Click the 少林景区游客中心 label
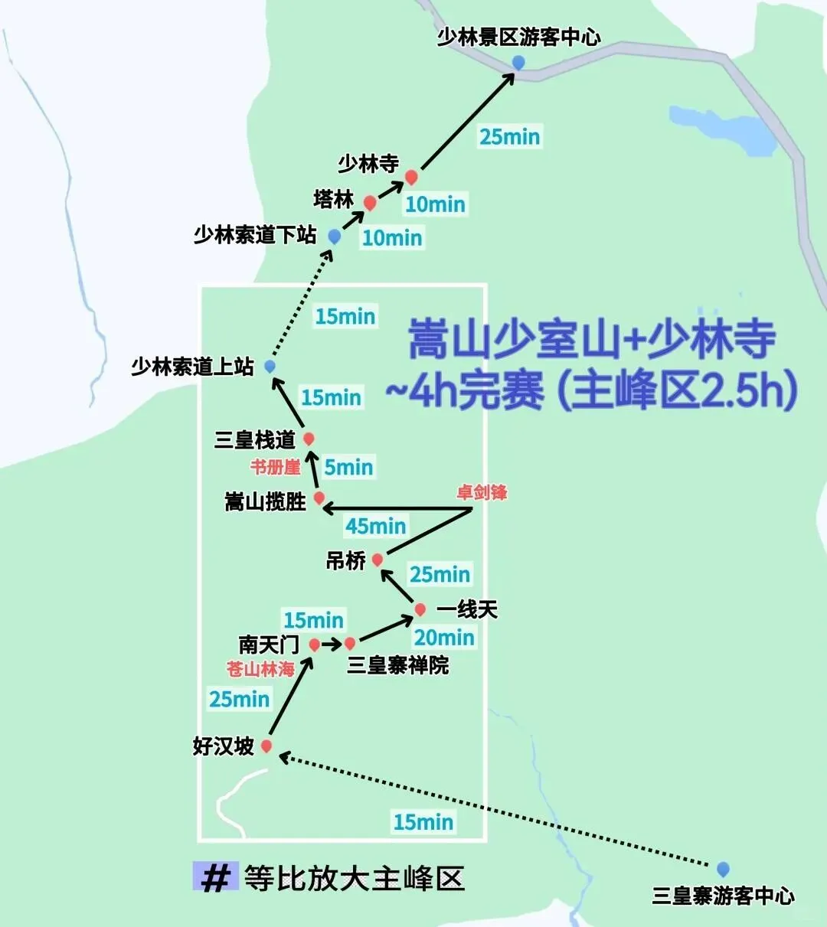pyautogui.click(x=518, y=37)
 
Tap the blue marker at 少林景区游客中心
pyautogui.click(x=518, y=62)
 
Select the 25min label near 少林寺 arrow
pyautogui.click(x=509, y=137)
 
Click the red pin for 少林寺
pyautogui.click(x=411, y=177)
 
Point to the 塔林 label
pyautogui.click(x=334, y=200)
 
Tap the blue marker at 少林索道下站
pyautogui.click(x=334, y=237)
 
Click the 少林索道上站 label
pyautogui.click(x=192, y=367)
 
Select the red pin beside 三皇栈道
pyautogui.click(x=309, y=439)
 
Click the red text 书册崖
pyautogui.click(x=275, y=467)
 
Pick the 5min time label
pyautogui.click(x=348, y=467)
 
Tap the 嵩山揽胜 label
pyautogui.click(x=265, y=502)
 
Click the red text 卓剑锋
pyautogui.click(x=482, y=492)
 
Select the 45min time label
pyautogui.click(x=375, y=526)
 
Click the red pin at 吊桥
pyautogui.click(x=377, y=560)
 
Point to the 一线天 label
pyautogui.click(x=466, y=609)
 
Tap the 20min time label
pyautogui.click(x=444, y=637)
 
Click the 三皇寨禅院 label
pyautogui.click(x=397, y=664)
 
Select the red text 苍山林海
pyautogui.click(x=260, y=669)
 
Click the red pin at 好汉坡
pyautogui.click(x=266, y=746)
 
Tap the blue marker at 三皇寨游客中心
pyautogui.click(x=723, y=869)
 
